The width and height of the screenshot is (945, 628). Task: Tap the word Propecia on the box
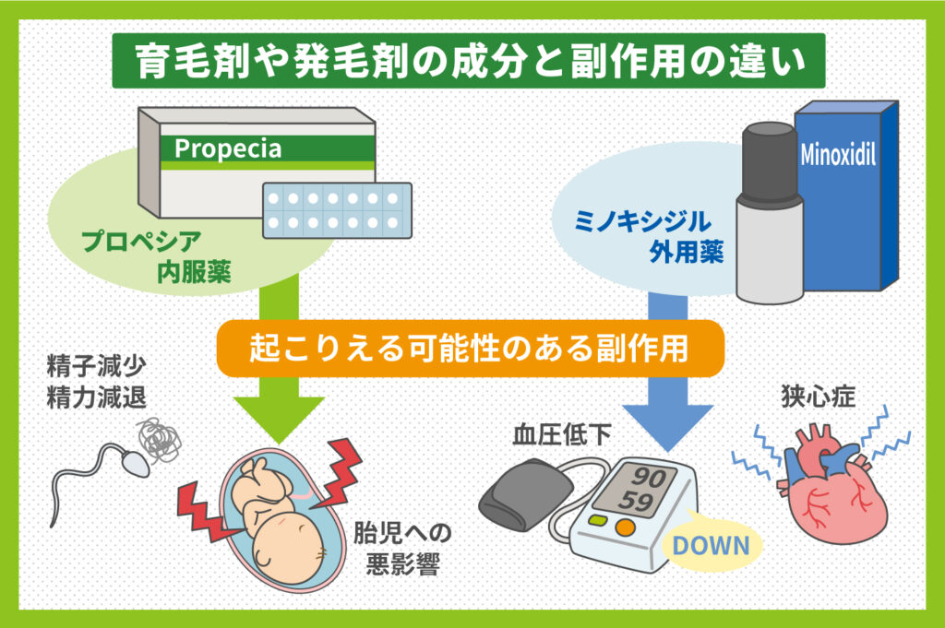pos(227,148)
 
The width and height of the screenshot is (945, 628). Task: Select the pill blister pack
pos(338,209)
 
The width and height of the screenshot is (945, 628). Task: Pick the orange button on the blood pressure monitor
pos(626,528)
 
